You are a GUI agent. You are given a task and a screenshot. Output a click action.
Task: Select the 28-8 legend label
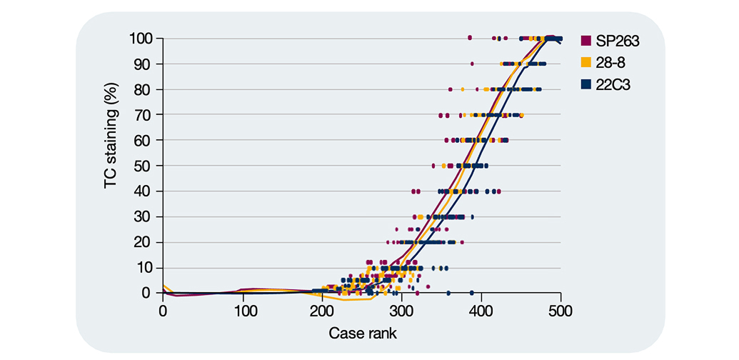point(610,62)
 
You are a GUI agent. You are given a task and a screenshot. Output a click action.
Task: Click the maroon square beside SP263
point(585,41)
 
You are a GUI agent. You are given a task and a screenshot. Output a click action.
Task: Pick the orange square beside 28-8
point(585,62)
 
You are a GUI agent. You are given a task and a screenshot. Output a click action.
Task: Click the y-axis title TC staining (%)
point(111,136)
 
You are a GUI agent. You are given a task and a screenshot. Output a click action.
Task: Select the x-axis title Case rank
point(363,334)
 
